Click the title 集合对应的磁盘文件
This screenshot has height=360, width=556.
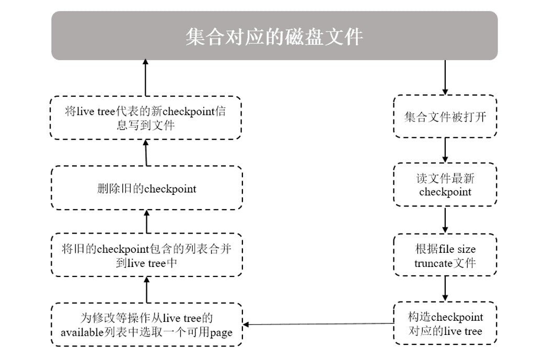pos(274,37)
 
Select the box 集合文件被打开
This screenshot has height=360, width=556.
pos(445,117)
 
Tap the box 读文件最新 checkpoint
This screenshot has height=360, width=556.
pos(445,185)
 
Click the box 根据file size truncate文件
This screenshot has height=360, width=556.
pos(445,256)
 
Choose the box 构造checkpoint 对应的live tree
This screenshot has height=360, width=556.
pos(445,323)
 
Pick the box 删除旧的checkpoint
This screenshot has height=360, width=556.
pos(146,189)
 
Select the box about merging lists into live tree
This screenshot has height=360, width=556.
pos(146,256)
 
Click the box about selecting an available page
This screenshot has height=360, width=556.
pos(146,325)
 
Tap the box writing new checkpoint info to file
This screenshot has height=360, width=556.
pos(146,118)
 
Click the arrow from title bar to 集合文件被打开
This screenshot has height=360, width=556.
pos(445,77)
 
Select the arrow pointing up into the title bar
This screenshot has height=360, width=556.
pos(146,77)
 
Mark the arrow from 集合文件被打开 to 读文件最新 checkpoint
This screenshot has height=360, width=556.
pos(445,150)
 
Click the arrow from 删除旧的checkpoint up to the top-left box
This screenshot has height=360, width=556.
pos(146,153)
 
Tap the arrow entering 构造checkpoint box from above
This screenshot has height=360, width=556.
pos(445,289)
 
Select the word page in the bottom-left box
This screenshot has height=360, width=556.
pos(221,333)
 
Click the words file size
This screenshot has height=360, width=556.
pos(457,249)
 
